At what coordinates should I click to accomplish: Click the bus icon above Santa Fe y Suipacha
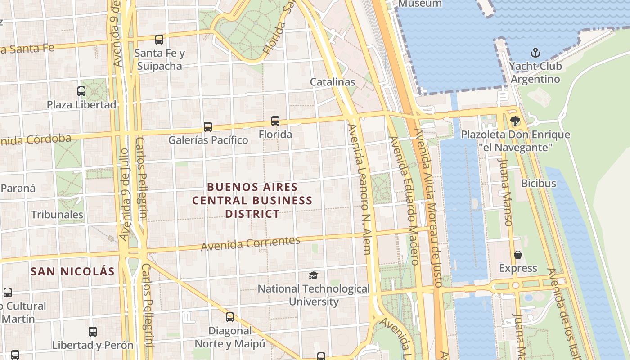159,40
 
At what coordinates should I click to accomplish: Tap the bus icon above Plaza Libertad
81,91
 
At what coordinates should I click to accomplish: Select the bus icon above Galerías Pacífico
207,127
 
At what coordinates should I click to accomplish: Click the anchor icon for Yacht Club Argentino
535,53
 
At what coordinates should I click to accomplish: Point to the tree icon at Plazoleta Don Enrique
515,121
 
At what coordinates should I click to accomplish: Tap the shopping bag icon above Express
518,255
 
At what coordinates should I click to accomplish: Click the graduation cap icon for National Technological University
313,275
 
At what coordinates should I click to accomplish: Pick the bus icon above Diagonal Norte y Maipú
230,317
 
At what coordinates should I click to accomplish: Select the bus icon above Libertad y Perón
93,332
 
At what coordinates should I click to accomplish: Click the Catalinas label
333,82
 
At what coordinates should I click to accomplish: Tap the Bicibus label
538,184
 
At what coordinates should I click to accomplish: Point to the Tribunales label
57,215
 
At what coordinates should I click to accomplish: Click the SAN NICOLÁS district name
72,271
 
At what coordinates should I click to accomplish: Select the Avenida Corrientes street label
251,243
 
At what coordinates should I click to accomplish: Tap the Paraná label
18,188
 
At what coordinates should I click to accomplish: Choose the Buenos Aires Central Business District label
252,200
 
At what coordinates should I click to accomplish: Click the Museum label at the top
420,4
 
